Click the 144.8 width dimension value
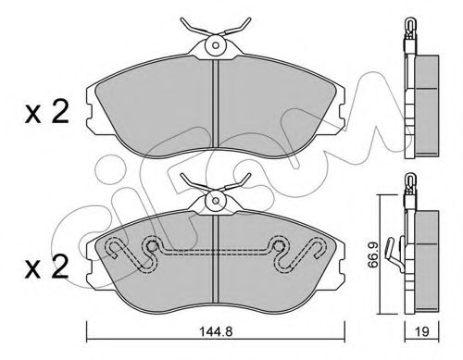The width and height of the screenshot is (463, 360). point(216,332)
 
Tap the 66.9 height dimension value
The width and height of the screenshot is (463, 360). point(373,254)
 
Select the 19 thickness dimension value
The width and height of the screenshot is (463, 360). point(422,332)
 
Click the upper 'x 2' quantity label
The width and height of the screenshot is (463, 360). point(46,113)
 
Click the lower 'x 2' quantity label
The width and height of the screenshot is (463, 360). point(46,267)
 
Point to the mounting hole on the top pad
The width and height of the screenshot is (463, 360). point(216,45)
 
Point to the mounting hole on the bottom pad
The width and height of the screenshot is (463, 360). point(216,201)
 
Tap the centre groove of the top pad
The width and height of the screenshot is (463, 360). point(216,104)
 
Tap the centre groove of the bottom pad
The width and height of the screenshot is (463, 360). point(216,258)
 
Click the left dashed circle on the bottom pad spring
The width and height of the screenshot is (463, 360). point(152,246)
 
